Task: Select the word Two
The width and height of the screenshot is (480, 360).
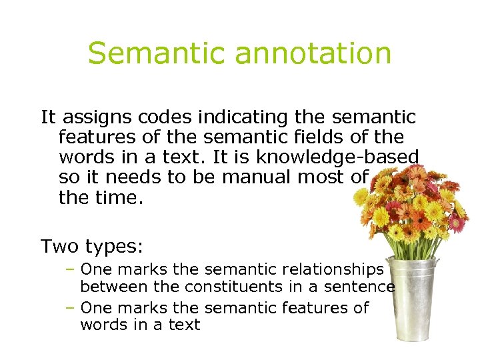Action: click(60, 247)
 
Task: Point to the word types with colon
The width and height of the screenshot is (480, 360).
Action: click(114, 247)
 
